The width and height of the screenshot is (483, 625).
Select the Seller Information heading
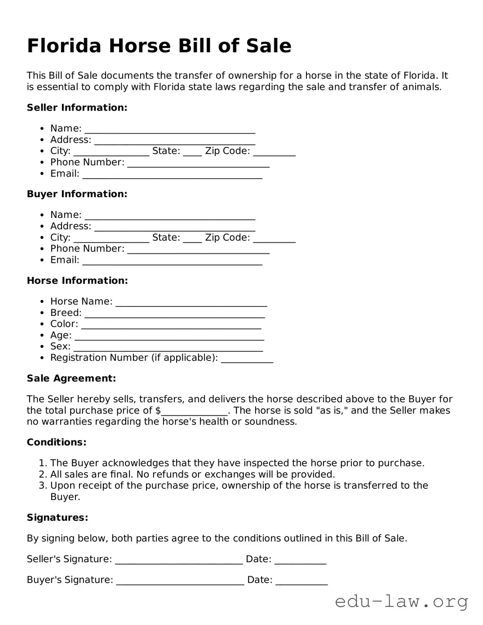(77, 107)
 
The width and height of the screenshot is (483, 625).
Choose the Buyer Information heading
(77, 194)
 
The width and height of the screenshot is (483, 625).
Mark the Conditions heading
(56, 442)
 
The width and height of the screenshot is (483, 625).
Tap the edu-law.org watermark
(401, 601)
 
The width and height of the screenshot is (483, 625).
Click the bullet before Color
(42, 324)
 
